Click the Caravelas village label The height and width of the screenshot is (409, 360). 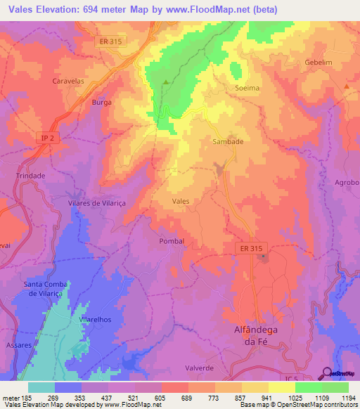pyautogui.click(x=68, y=81)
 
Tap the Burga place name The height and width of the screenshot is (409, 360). pyautogui.click(x=102, y=102)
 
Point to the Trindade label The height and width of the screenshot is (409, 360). pyautogui.click(x=30, y=176)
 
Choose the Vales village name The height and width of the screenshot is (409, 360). pyautogui.click(x=181, y=201)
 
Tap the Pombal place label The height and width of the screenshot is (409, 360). pyautogui.click(x=172, y=240)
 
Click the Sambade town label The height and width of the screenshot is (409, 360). pyautogui.click(x=228, y=141)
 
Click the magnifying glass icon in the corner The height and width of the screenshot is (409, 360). pyautogui.click(x=327, y=372)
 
